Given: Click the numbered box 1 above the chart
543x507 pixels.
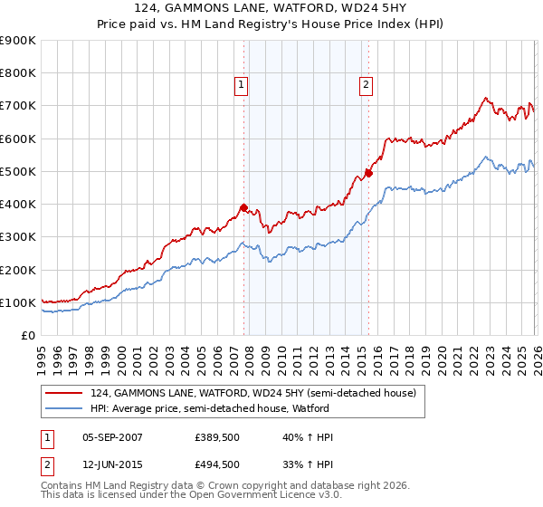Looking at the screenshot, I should (243, 86).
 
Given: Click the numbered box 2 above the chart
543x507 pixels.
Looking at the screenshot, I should (367, 86).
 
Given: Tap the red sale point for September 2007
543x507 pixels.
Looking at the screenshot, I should (243, 207).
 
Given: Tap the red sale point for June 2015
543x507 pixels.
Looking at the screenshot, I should (368, 173).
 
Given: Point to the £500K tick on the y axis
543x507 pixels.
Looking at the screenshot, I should (18, 171).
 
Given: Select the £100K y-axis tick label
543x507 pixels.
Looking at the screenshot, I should (18, 302).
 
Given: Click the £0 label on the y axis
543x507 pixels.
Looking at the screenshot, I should (27, 335).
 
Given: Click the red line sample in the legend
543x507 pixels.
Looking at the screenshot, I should (64, 393).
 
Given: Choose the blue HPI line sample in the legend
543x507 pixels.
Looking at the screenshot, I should (64, 408).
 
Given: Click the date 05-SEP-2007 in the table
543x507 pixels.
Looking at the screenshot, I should (111, 437).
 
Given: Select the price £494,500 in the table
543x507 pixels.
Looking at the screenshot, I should (216, 464).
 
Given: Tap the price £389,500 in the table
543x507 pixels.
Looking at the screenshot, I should (216, 437).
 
